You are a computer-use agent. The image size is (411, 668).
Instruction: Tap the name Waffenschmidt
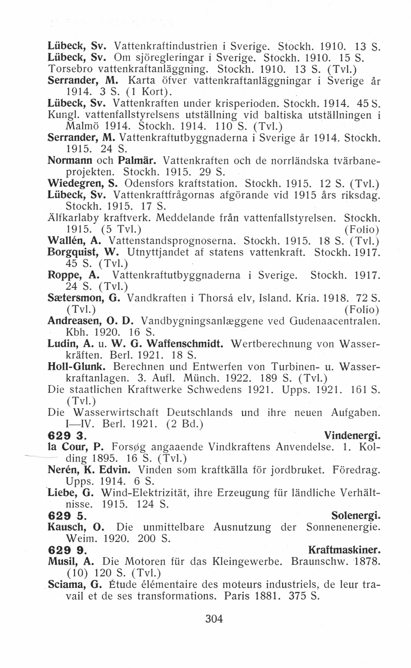click(185, 344)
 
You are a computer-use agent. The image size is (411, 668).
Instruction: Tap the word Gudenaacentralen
click(334, 321)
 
